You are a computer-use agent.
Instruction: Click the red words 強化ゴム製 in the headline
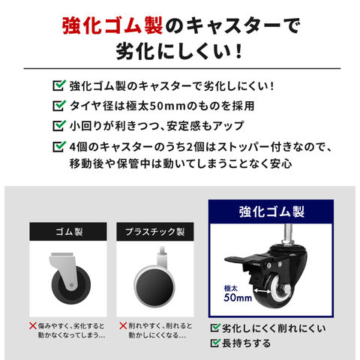[112, 25]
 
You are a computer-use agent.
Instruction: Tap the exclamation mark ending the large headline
[238, 51]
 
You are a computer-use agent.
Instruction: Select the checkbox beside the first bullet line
[59, 85]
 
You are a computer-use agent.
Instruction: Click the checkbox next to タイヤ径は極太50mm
[59, 106]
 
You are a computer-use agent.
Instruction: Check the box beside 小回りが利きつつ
[59, 125]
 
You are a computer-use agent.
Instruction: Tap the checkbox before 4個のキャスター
[59, 146]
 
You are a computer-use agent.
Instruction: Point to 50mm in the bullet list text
[167, 106]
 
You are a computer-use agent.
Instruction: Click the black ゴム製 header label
[68, 232]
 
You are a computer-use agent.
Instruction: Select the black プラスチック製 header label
[155, 232]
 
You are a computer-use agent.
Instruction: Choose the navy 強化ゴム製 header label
[271, 211]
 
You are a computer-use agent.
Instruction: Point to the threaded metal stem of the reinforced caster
[288, 233]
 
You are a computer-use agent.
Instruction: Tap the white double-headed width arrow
[262, 291]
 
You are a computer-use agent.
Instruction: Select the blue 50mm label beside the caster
[238, 298]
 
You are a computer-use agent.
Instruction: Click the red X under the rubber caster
[33, 325]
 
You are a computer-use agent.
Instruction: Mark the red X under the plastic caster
[123, 325]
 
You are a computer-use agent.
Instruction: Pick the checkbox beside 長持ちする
[215, 343]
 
